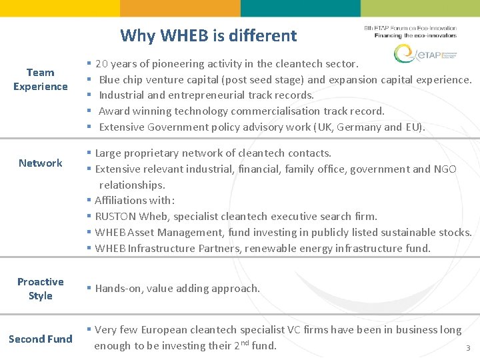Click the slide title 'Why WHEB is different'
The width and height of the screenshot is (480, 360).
(208, 35)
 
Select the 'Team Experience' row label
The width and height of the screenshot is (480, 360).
(41, 79)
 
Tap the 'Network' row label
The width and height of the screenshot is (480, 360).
(41, 163)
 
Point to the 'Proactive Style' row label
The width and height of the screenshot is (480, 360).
(41, 289)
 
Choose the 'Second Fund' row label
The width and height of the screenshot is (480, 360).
(41, 339)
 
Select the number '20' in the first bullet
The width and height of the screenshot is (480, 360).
(102, 64)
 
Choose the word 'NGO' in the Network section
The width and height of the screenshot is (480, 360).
(444, 169)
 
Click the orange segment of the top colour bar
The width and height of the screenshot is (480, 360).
(179, 8)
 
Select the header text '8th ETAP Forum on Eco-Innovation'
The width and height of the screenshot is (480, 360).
(410, 28)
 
